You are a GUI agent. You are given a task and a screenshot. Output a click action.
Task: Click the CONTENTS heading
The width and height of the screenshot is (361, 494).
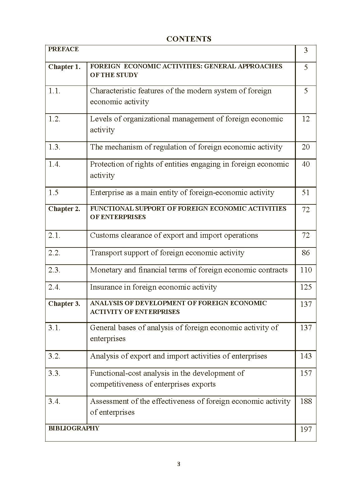[x=189, y=39]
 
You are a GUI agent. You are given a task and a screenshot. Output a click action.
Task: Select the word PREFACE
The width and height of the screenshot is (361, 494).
[x=63, y=49]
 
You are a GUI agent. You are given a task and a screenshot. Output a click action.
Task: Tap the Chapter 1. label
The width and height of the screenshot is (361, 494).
[x=64, y=67]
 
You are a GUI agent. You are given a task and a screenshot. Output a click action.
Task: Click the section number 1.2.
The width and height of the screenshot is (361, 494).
[x=54, y=119]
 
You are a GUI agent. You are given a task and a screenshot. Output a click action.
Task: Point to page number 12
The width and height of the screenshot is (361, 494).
[x=306, y=119]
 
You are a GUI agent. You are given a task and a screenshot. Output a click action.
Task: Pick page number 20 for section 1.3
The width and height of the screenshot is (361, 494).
[x=306, y=147]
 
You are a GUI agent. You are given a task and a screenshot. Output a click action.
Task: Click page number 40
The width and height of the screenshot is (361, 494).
[x=306, y=164]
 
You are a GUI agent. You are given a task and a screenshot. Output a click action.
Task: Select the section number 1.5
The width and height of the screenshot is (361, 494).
[x=53, y=193]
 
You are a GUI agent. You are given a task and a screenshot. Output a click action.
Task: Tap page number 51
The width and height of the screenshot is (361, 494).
[x=306, y=193]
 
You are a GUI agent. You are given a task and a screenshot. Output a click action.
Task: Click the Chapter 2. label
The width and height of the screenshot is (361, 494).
[x=64, y=209]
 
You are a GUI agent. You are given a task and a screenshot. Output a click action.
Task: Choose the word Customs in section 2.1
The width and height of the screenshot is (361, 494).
[x=103, y=235]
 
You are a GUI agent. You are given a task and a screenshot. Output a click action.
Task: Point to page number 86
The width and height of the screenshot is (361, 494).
[x=306, y=253]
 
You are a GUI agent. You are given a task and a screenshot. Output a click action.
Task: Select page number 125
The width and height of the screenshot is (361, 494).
[x=306, y=287]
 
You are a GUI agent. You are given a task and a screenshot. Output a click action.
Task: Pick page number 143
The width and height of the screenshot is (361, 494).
[x=306, y=356]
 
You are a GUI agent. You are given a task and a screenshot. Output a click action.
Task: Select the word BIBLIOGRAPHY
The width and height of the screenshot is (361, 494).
[x=74, y=428]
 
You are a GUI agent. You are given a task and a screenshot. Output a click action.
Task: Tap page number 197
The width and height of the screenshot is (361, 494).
[x=306, y=430]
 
